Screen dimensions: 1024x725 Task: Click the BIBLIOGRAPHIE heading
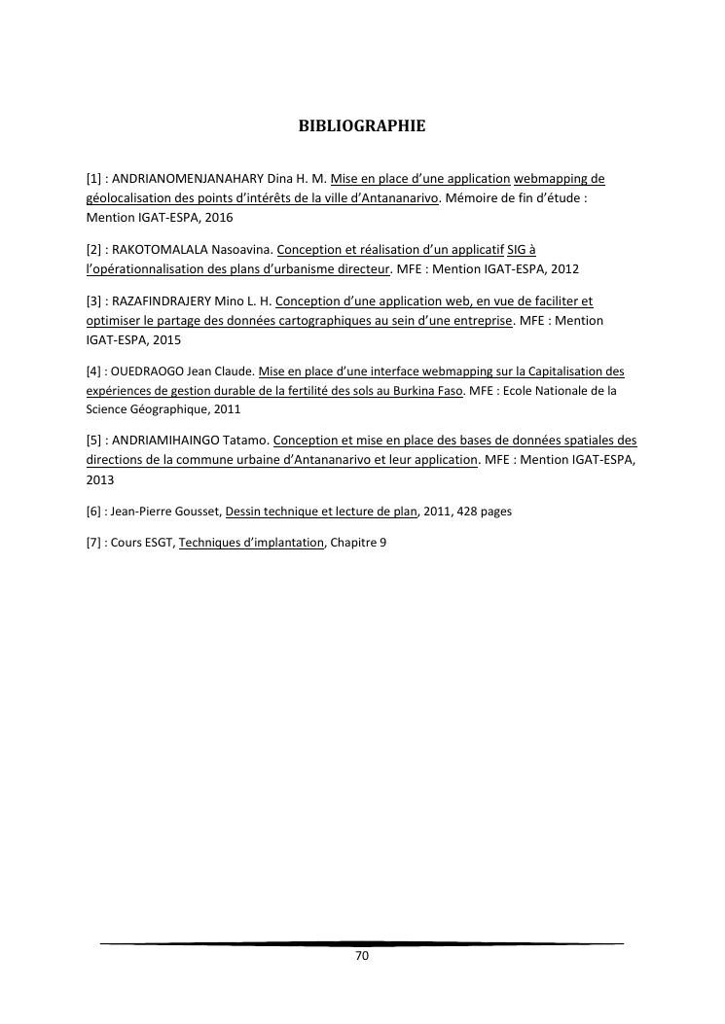coord(362,125)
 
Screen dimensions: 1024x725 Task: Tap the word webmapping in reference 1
coord(559,179)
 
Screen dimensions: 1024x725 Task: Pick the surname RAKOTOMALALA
coord(162,249)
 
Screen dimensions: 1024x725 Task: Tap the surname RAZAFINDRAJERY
coord(168,300)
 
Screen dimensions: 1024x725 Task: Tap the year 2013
coord(100,479)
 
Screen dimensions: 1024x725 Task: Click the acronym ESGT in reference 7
coord(159,543)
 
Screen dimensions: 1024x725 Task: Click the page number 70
coord(362,956)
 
